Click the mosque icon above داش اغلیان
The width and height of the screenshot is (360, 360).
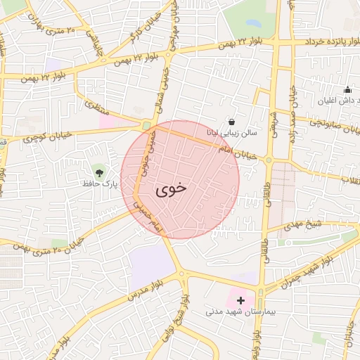click(x=347, y=90)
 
